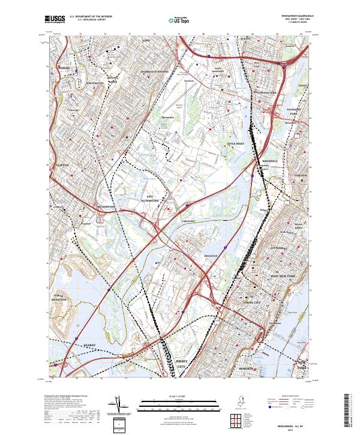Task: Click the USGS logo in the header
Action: click(55, 20)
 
